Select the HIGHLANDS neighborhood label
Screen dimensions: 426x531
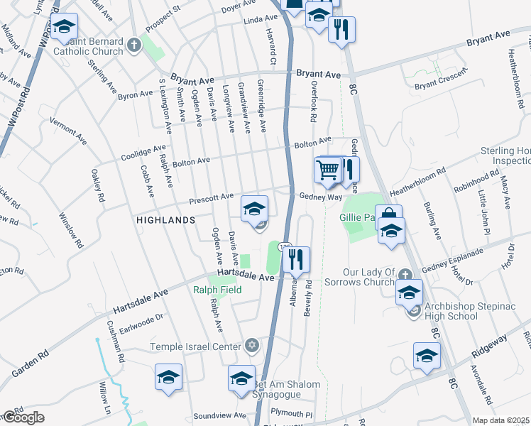click(165, 221)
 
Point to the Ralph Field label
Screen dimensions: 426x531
click(217, 290)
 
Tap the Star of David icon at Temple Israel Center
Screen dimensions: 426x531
click(250, 346)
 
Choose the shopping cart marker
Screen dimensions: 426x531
click(327, 170)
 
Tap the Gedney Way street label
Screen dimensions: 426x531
click(321, 197)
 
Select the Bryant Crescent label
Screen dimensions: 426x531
click(442, 84)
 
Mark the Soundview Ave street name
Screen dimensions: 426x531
click(219, 415)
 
